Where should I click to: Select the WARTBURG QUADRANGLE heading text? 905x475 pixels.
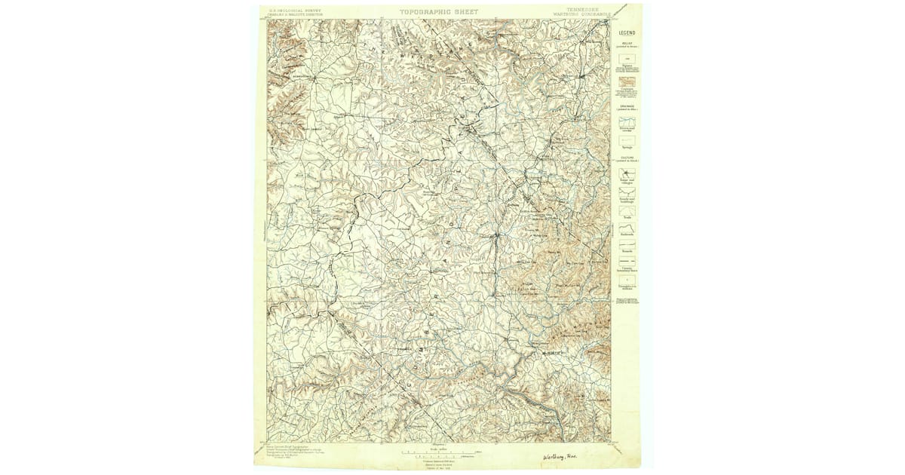pos(581,14)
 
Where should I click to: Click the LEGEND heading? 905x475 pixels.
pos(627,33)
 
